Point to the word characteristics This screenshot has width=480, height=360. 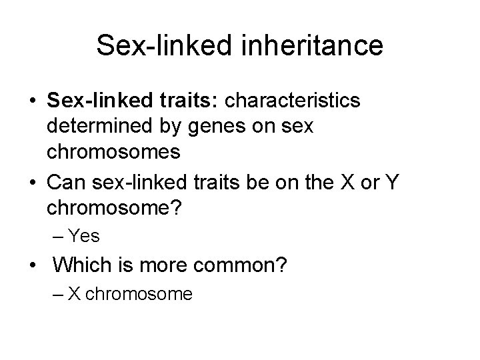pos(295,101)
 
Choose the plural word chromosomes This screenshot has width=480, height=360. pos(113,151)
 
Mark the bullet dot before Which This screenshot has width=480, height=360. pos(32,266)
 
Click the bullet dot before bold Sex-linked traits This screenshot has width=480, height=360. pos(32,101)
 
